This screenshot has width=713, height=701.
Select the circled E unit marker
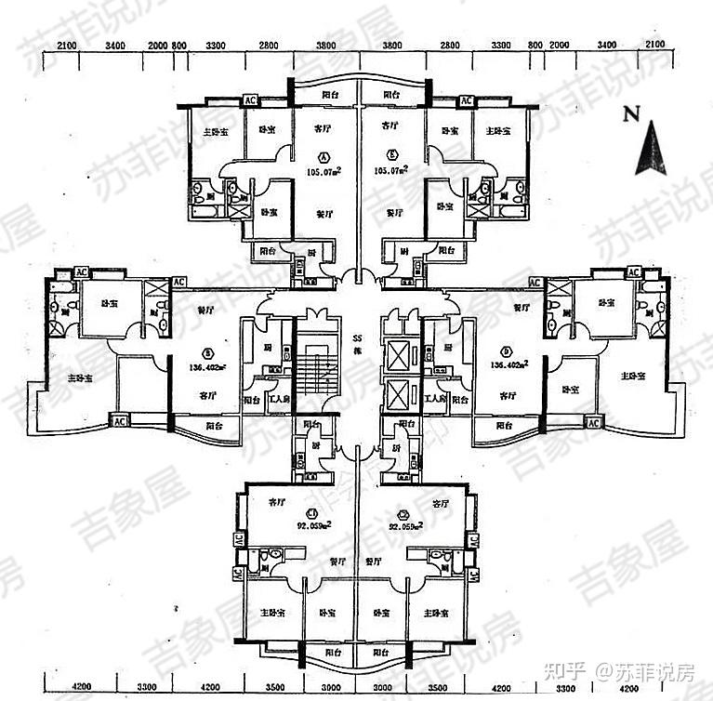coord(393,155)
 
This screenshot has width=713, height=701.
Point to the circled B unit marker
coord(209,351)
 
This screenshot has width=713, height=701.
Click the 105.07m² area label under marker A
coord(323,171)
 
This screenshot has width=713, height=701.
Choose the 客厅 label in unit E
coord(391,124)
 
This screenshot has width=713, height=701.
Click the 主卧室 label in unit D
coord(636,377)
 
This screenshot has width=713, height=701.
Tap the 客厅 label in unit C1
coord(277,502)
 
